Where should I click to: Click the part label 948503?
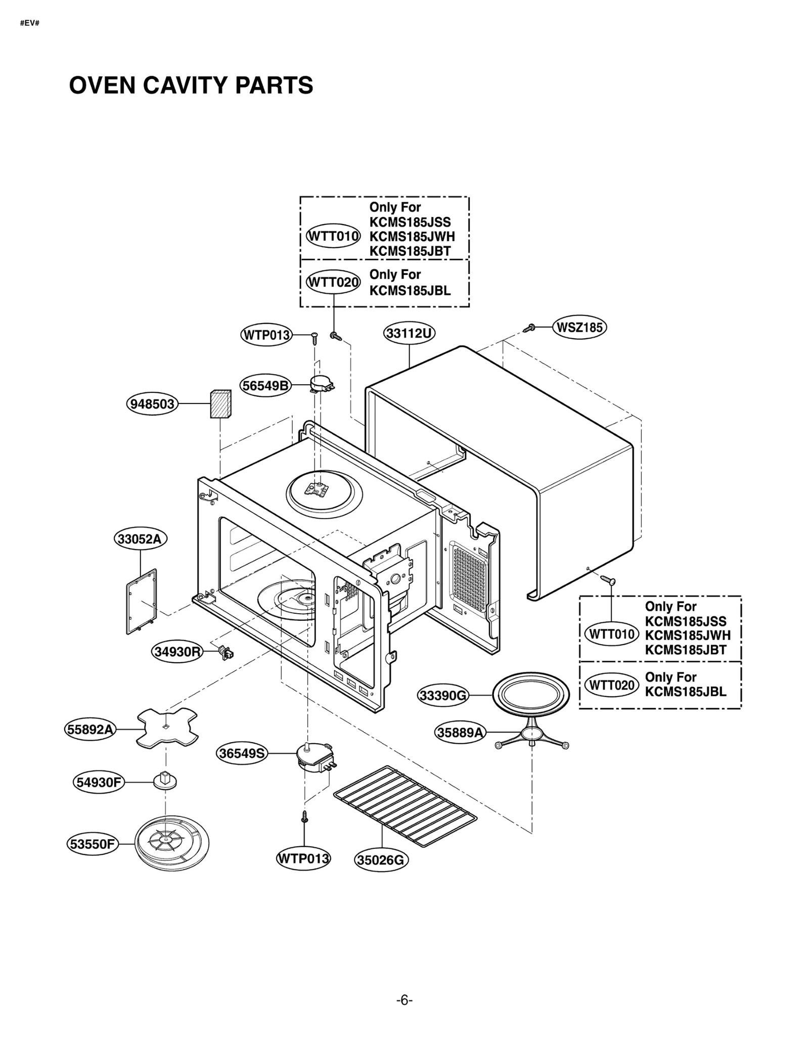152,404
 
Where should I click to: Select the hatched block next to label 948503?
220,404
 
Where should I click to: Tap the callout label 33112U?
409,334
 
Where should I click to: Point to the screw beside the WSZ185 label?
529,328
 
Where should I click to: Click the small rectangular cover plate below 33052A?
141,601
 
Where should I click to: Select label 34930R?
177,652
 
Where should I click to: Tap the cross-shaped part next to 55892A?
167,728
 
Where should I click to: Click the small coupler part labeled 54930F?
165,781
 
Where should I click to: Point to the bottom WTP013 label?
303,858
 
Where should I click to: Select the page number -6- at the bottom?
404,1000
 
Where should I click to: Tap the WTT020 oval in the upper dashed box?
334,282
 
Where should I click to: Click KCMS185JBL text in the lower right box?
685,692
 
